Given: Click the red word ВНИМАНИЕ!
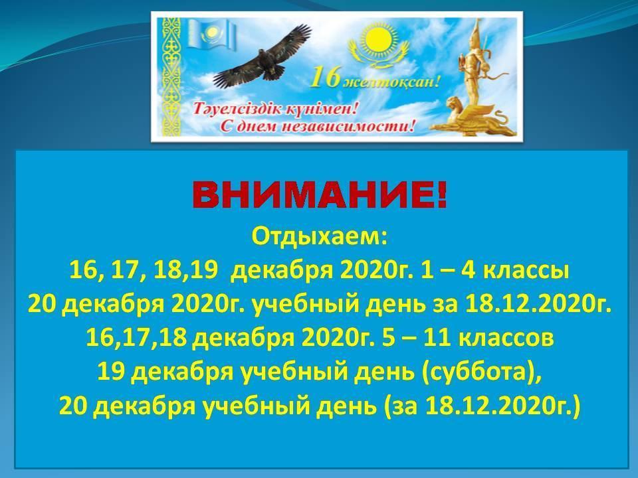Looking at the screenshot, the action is coord(320,196).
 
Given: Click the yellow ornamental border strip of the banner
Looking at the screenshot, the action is coord(171,76).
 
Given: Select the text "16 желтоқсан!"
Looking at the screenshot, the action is coord(374,80).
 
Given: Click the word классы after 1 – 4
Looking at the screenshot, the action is coord(526,271).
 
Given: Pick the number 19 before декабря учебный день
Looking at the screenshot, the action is coord(110,372).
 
